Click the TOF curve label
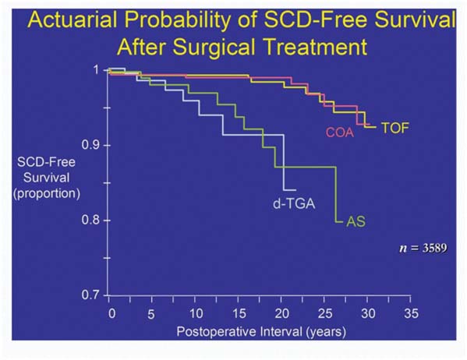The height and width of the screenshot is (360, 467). (x=395, y=128)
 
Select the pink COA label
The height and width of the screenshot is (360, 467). (x=340, y=132)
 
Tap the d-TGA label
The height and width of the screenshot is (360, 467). (x=294, y=204)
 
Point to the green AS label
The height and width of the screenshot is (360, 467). (x=356, y=221)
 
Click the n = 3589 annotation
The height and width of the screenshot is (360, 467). (x=423, y=248)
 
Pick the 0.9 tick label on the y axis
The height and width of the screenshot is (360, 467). (x=91, y=145)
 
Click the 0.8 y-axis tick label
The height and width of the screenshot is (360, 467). (x=91, y=221)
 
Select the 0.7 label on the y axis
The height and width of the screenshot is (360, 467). (x=91, y=295)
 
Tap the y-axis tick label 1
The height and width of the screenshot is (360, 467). (x=96, y=69)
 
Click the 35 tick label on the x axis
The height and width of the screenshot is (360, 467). (x=411, y=313)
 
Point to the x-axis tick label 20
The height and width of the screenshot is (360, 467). (x=281, y=313)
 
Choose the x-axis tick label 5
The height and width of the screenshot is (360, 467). (x=151, y=314)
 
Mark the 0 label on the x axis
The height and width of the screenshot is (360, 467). (x=112, y=313)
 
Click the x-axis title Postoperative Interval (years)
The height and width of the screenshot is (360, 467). (x=261, y=332)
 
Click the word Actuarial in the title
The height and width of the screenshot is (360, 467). (x=72, y=19)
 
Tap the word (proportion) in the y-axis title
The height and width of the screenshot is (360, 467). (x=47, y=193)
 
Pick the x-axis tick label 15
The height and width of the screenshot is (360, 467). (x=239, y=313)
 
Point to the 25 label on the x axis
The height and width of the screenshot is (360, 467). (x=324, y=313)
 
